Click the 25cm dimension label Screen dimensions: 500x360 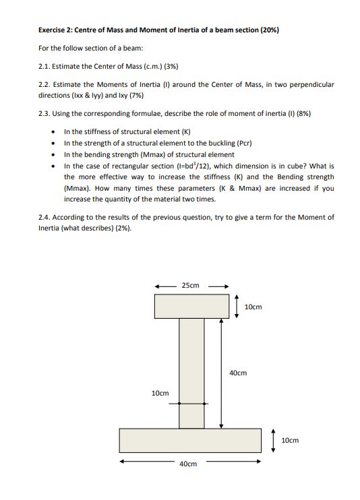(191, 286)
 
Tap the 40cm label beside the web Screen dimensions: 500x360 (238, 372)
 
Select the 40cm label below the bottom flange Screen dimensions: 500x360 (188, 464)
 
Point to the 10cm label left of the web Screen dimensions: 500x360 (160, 392)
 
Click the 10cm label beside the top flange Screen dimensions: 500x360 (253, 307)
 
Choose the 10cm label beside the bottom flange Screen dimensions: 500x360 (289, 439)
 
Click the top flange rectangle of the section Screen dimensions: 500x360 (191, 306)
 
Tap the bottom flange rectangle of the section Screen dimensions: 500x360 (189, 440)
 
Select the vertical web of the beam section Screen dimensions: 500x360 (191, 372)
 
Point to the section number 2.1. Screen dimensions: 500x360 (44, 65)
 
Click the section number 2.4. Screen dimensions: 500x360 (44, 217)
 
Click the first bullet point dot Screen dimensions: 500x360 (54, 131)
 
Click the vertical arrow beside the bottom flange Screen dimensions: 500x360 (274, 439)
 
